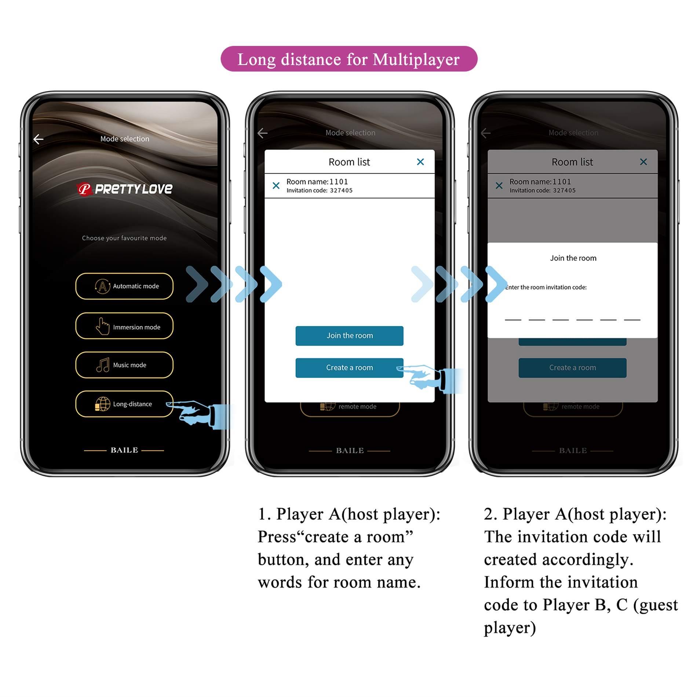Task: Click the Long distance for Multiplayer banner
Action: (348, 59)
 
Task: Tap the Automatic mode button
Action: (124, 286)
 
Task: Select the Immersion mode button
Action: (124, 326)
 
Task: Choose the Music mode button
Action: (124, 365)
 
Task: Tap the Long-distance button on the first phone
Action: (124, 404)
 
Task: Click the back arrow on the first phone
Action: (39, 139)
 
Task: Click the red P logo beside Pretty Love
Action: (84, 189)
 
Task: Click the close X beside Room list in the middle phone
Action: (420, 162)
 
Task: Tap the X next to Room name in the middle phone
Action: (276, 186)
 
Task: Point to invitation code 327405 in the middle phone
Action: (341, 190)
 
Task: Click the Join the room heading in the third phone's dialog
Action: (573, 258)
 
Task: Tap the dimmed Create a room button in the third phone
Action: (572, 368)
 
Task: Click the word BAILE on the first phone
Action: (124, 450)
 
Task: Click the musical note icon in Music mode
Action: (103, 365)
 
